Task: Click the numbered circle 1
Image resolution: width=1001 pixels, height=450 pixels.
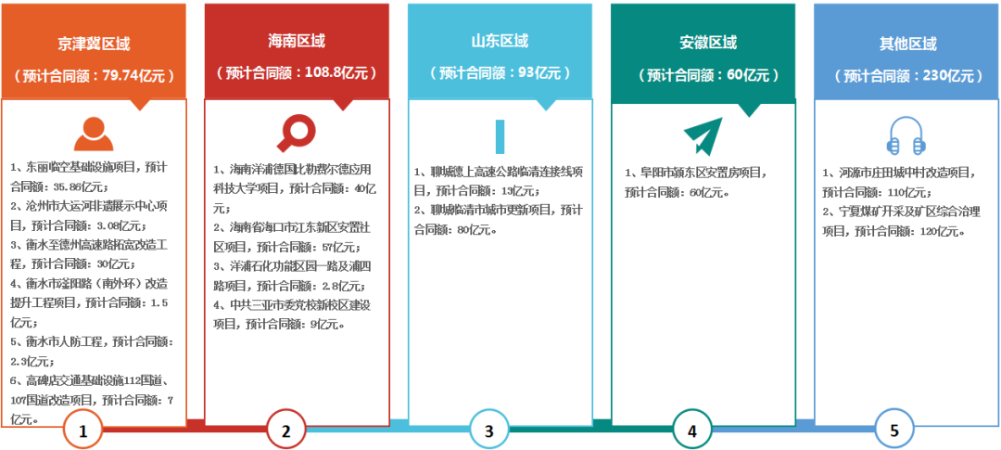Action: (83, 430)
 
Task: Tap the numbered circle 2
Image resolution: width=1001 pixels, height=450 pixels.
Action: (286, 430)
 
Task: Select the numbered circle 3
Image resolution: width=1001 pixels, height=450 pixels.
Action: (488, 430)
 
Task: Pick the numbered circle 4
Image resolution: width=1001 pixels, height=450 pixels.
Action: (691, 430)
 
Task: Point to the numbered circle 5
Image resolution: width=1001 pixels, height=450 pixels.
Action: (894, 430)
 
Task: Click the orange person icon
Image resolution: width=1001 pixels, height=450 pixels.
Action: (94, 134)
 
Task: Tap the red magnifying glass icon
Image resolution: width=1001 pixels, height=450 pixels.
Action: (297, 132)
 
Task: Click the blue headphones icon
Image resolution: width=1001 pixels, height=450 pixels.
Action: (906, 135)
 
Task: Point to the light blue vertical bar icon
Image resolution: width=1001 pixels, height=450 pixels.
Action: (500, 135)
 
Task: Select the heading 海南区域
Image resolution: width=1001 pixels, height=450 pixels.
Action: (297, 42)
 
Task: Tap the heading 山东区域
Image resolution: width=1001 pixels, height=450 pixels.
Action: (500, 41)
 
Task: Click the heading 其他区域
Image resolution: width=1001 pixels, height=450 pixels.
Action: (907, 44)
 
